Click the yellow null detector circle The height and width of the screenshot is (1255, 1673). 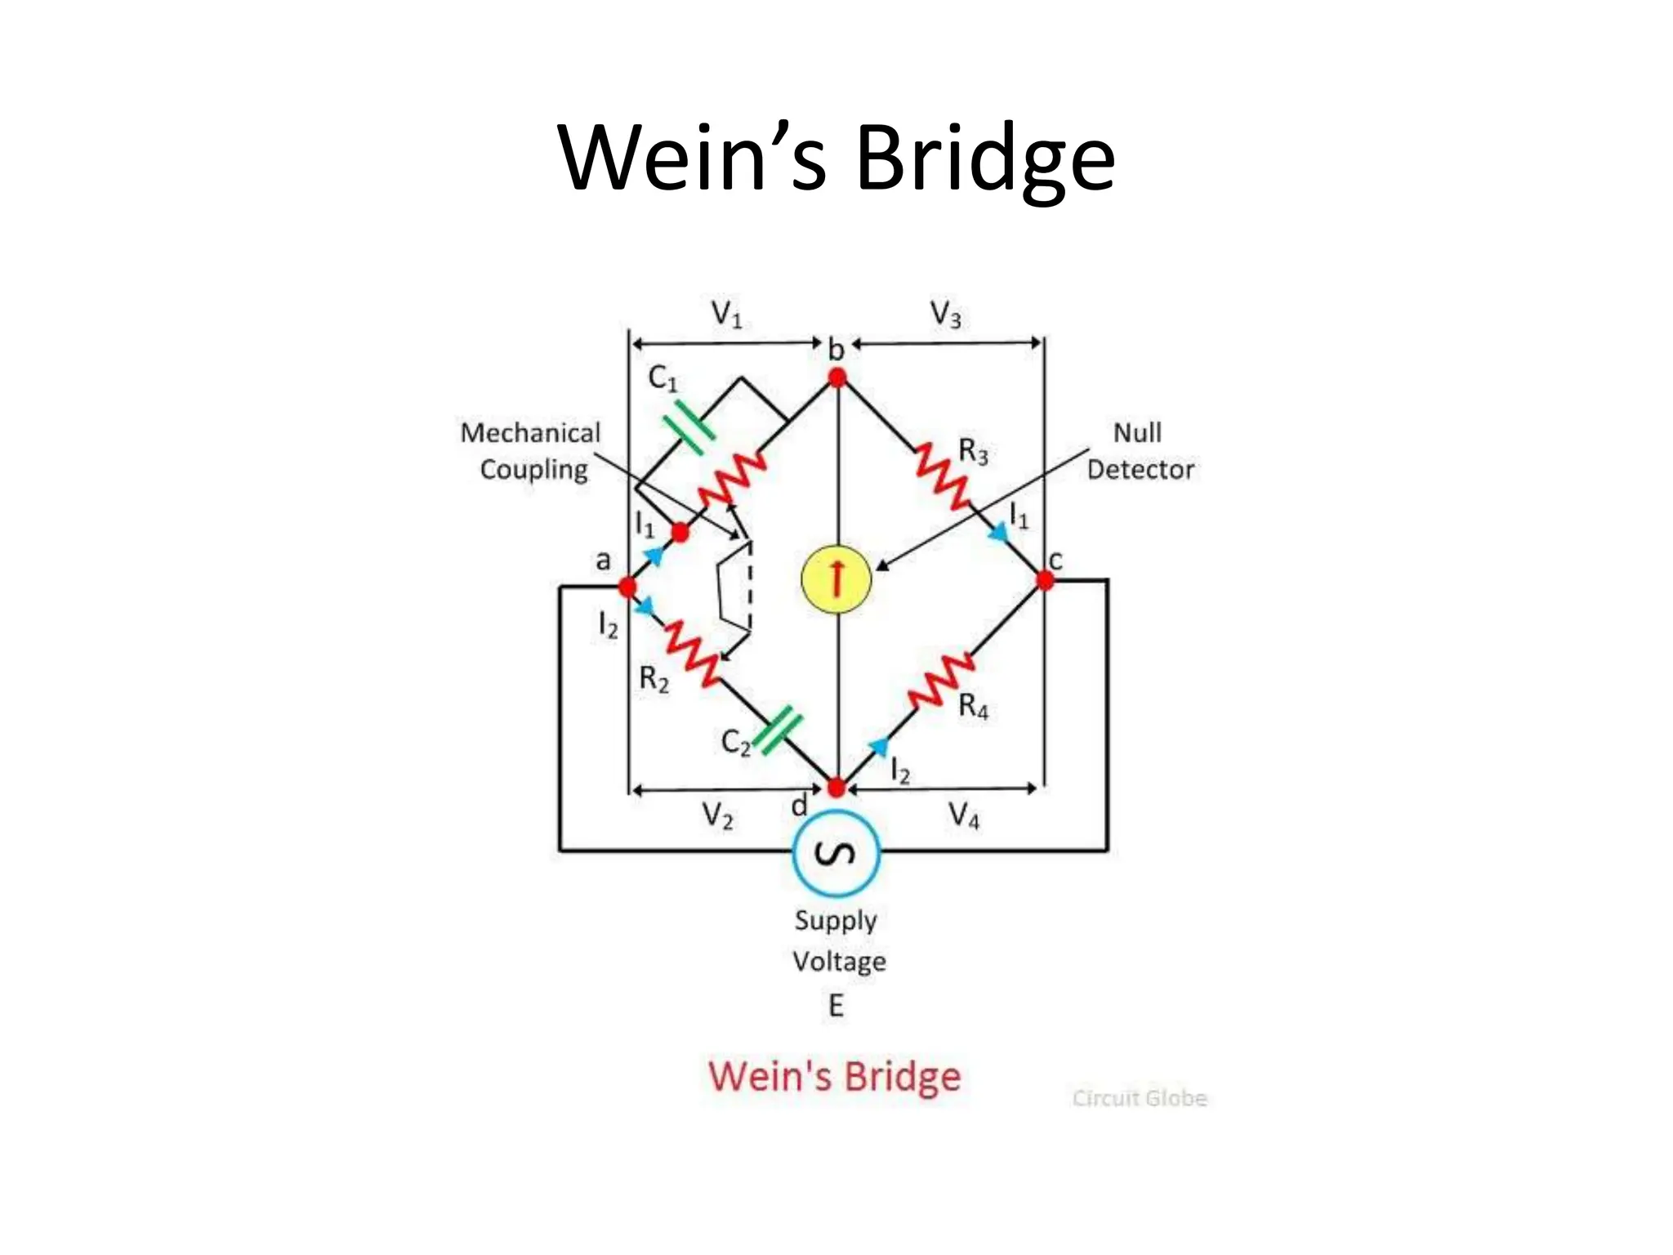[x=836, y=578]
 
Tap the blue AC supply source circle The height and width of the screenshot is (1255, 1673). [x=836, y=853]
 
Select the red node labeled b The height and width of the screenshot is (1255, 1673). [x=837, y=377]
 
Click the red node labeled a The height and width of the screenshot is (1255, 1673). [x=627, y=587]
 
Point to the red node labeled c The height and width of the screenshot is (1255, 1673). [x=1045, y=580]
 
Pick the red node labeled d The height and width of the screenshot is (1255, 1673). [x=836, y=788]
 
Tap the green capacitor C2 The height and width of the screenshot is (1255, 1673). [x=777, y=730]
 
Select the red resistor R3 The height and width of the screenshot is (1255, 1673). [x=941, y=475]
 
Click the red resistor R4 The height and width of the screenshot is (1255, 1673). [x=941, y=680]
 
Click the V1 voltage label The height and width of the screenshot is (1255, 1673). [x=726, y=314]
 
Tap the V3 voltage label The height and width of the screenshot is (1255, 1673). [x=945, y=314]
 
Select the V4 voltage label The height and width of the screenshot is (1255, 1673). [x=964, y=815]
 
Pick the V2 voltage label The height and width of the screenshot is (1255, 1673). [x=718, y=815]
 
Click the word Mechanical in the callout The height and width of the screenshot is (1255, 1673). [x=530, y=432]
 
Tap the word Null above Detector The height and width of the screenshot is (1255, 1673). [x=1137, y=432]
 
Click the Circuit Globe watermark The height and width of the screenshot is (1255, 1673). [x=1140, y=1098]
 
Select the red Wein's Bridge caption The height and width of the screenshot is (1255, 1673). [x=834, y=1076]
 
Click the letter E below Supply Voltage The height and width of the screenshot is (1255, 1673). [x=836, y=1005]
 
